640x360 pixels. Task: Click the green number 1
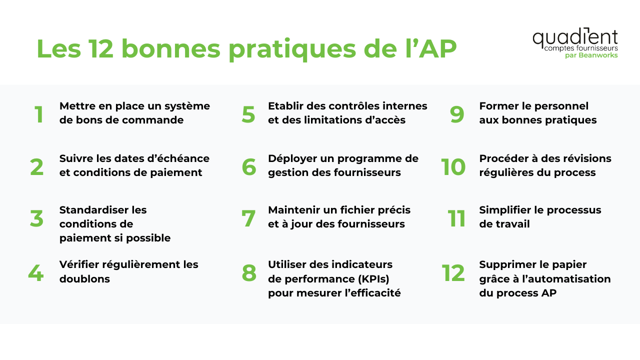39,114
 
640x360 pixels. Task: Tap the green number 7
248,218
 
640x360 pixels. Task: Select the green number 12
453,273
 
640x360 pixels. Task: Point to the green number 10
453,167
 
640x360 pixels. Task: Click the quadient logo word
575,37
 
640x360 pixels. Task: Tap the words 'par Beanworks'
591,55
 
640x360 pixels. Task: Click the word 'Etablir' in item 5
284,106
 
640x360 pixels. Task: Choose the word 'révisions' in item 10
588,158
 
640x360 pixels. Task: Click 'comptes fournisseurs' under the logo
580,48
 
